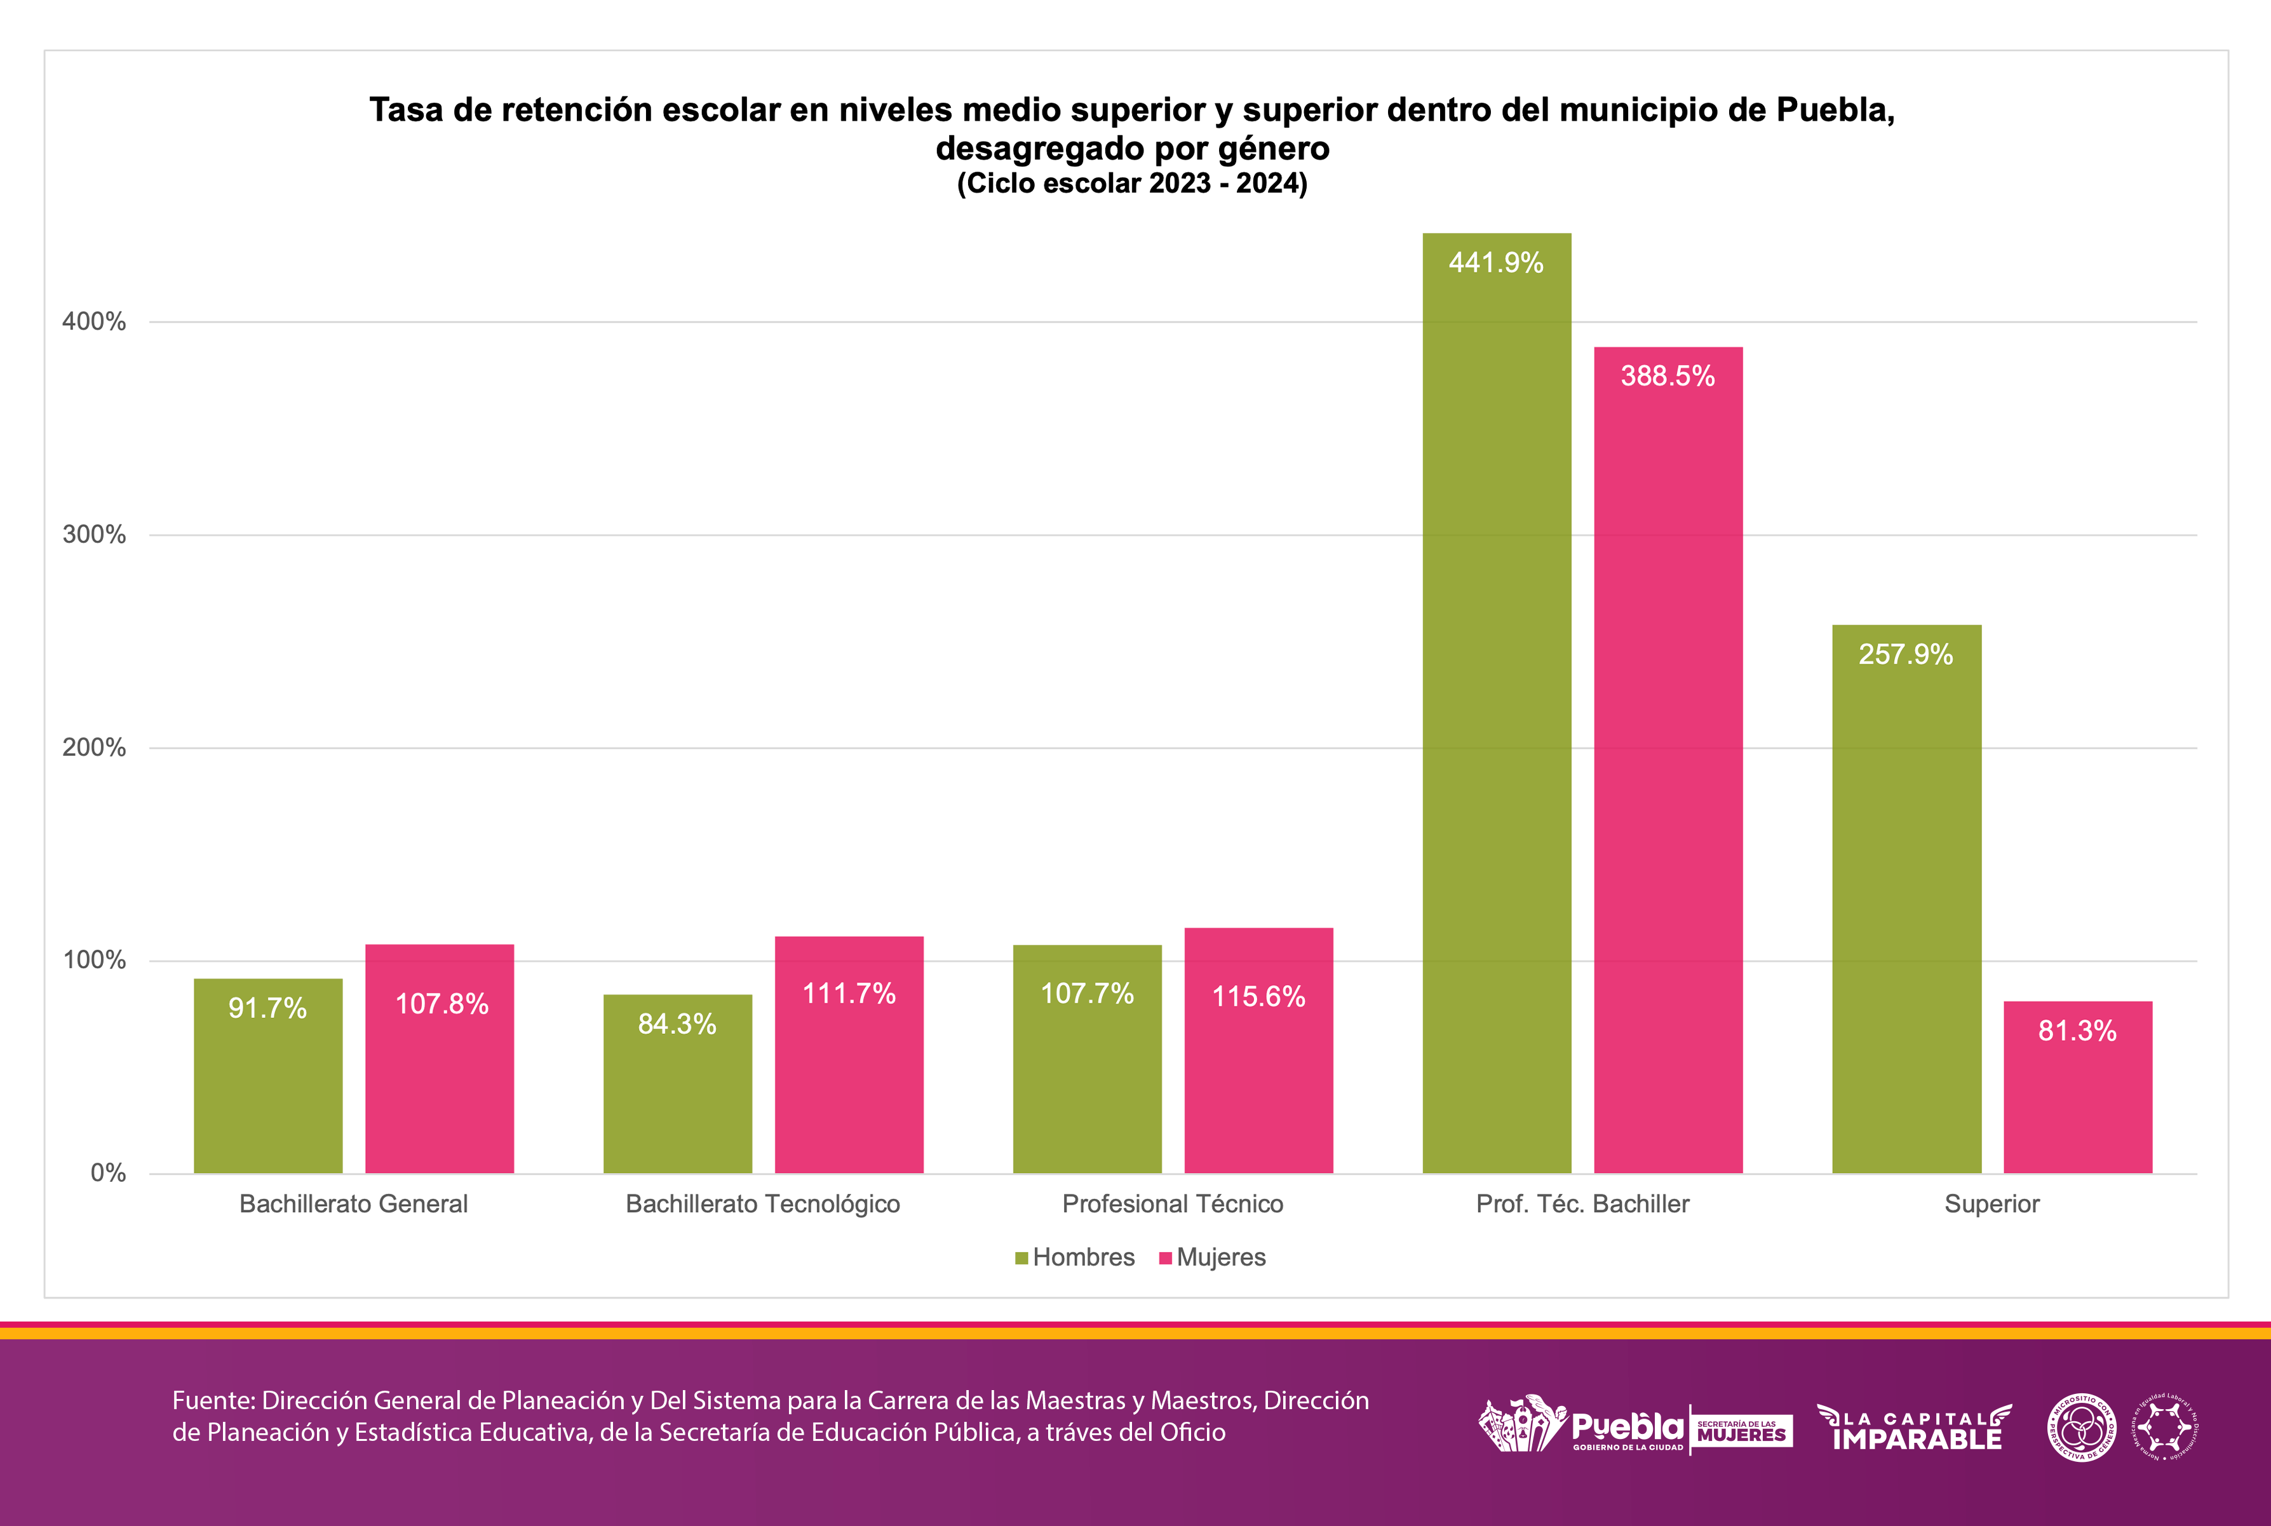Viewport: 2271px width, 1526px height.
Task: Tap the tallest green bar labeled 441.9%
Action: [1496, 700]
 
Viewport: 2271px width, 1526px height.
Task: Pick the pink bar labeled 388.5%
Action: [1668, 759]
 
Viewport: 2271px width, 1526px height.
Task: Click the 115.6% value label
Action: [1258, 996]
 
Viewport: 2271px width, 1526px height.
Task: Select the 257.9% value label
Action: [1905, 654]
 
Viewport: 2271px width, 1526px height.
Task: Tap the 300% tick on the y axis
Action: [95, 534]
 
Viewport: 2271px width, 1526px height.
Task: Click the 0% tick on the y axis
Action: [108, 1173]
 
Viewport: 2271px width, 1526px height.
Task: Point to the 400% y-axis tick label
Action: [95, 321]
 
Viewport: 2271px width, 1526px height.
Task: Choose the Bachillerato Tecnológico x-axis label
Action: [762, 1204]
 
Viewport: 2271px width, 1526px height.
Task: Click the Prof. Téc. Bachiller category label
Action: [1582, 1204]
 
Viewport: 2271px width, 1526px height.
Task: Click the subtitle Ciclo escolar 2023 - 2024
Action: [1131, 183]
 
